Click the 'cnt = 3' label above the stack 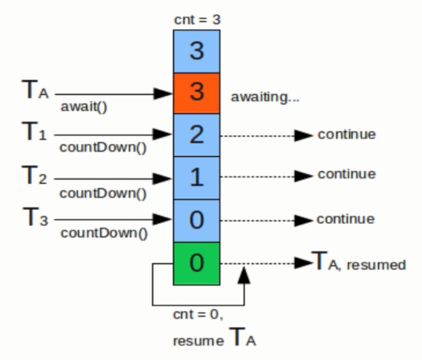pyautogui.click(x=196, y=20)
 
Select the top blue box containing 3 pyautogui.click(x=196, y=51)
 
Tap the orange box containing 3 pyautogui.click(x=196, y=92)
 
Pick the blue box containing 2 pyautogui.click(x=196, y=135)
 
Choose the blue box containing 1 pyautogui.click(x=196, y=177)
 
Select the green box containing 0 pyautogui.click(x=196, y=263)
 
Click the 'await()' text pyautogui.click(x=84, y=107)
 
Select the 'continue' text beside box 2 pyautogui.click(x=346, y=134)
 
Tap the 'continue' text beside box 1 pyautogui.click(x=346, y=175)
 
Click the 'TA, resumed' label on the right pyautogui.click(x=359, y=264)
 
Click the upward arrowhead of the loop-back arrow pyautogui.click(x=245, y=275)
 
